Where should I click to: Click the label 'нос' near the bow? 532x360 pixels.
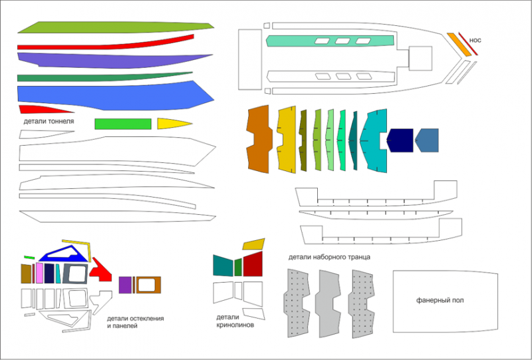pyautogui.click(x=475, y=41)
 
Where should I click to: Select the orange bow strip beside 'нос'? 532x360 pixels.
pyautogui.click(x=458, y=44)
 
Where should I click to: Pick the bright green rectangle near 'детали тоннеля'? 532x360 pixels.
pyautogui.click(x=122, y=124)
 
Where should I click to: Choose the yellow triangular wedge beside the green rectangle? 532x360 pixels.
pyautogui.click(x=171, y=124)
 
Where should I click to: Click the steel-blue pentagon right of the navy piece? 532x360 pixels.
pyautogui.click(x=428, y=141)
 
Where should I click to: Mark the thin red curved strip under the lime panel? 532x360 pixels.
pyautogui.click(x=106, y=42)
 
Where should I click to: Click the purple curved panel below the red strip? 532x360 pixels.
pyautogui.click(x=106, y=60)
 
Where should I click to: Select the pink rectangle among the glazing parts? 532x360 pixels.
pyautogui.click(x=39, y=273)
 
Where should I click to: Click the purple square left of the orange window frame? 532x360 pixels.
pyautogui.click(x=124, y=285)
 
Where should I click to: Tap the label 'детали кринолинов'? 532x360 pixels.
pyautogui.click(x=233, y=321)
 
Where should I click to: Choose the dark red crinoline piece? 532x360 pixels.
pyautogui.click(x=253, y=266)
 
